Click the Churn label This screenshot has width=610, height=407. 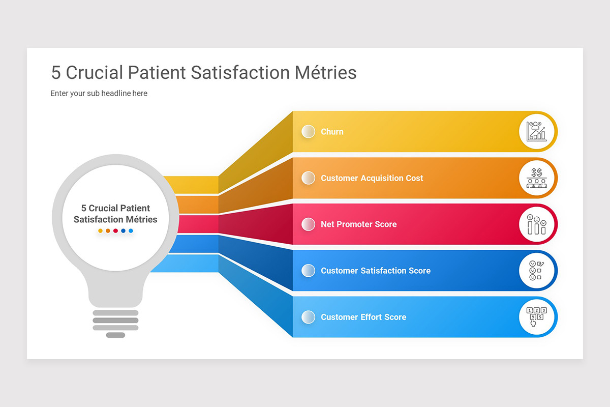[332, 132]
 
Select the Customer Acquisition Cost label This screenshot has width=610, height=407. [372, 178]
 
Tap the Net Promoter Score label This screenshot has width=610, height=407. [358, 224]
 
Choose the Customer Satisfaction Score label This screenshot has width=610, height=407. [375, 271]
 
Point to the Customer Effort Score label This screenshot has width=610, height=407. [363, 317]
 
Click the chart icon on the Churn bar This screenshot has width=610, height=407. [536, 131]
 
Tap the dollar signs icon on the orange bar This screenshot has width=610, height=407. [536, 178]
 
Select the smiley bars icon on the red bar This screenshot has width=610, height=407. [536, 224]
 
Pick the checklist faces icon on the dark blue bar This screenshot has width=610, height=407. [536, 271]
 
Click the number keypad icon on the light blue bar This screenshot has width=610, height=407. [536, 317]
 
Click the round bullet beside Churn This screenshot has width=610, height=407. [308, 131]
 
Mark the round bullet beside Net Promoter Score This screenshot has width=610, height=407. [308, 224]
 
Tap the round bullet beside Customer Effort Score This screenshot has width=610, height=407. [308, 317]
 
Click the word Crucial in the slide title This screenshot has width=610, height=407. [95, 73]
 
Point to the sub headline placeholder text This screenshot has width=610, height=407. [99, 94]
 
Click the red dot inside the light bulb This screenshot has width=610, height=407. [115, 231]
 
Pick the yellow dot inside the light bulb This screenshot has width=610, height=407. [100, 231]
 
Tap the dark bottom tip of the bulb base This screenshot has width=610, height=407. [115, 335]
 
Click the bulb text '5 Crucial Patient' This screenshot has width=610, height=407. [115, 208]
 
